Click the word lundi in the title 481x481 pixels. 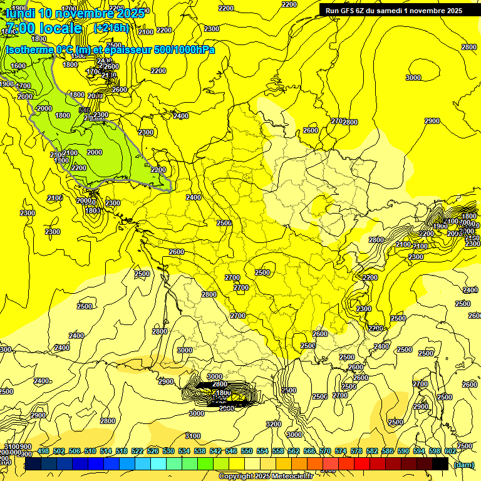20,13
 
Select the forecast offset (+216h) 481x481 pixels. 111,28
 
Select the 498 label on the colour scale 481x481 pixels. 43,451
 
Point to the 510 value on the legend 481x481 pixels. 90,451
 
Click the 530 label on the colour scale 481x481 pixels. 168,451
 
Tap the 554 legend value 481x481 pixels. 262,451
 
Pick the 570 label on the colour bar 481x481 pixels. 325,451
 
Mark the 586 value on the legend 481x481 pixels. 388,451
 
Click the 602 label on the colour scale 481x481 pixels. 450,451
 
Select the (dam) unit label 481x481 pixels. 463,464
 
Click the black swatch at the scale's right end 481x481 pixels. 440,464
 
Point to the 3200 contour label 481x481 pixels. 274,424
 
